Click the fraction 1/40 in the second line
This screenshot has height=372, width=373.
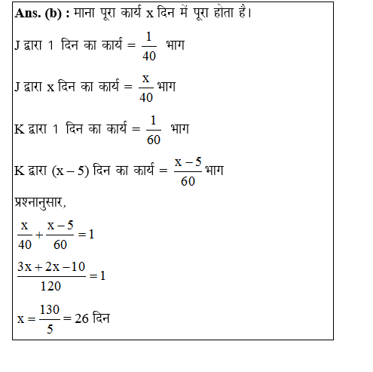[x=150, y=48]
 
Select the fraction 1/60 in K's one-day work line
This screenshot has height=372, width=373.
[x=153, y=130]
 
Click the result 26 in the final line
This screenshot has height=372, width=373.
[x=82, y=318]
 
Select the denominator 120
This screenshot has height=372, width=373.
[x=50, y=286]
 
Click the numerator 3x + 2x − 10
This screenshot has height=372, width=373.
[x=50, y=268]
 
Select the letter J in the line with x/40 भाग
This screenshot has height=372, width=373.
[x=18, y=87]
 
